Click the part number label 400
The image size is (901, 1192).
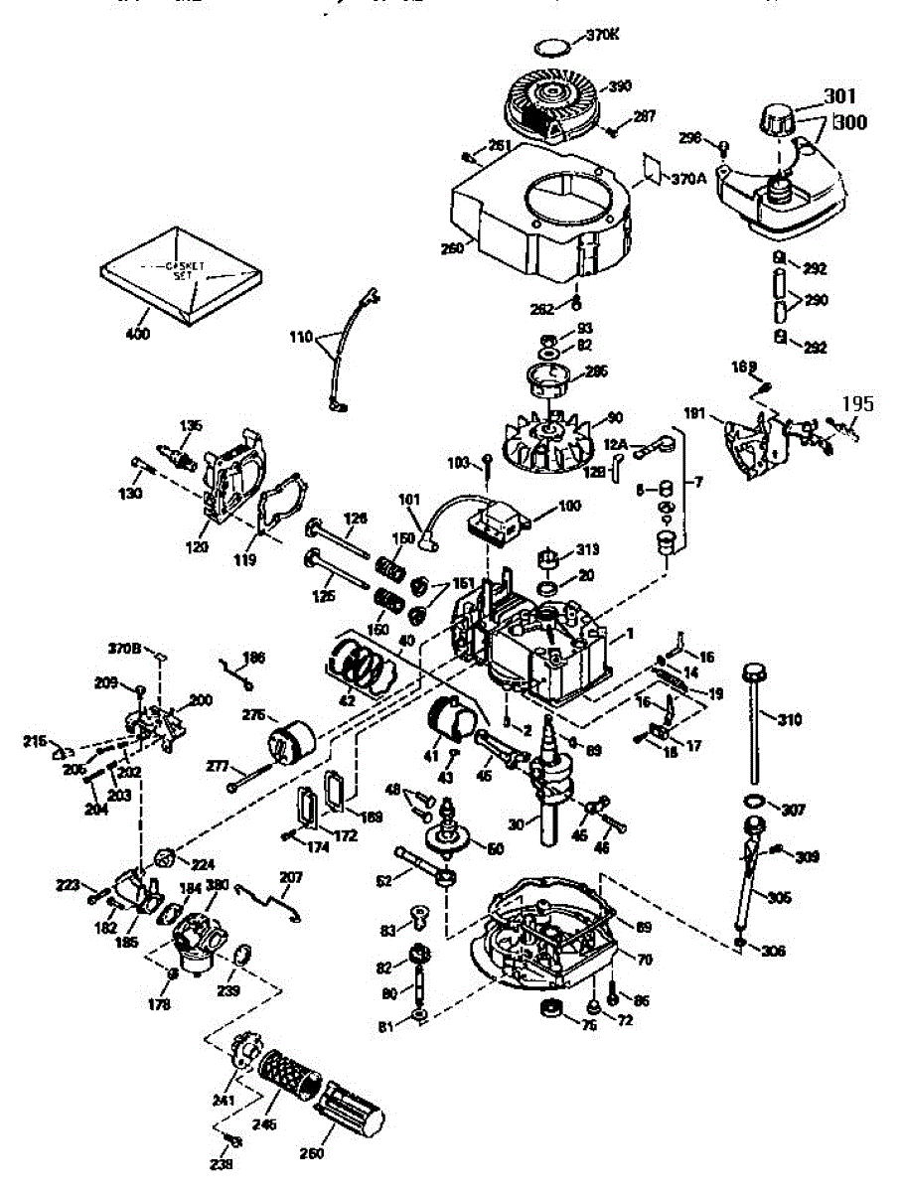tap(138, 335)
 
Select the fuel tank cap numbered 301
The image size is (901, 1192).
tap(780, 121)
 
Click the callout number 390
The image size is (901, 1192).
tap(620, 86)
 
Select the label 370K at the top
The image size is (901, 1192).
tap(603, 34)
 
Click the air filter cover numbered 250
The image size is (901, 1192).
tap(351, 1105)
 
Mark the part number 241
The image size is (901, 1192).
tap(223, 1100)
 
